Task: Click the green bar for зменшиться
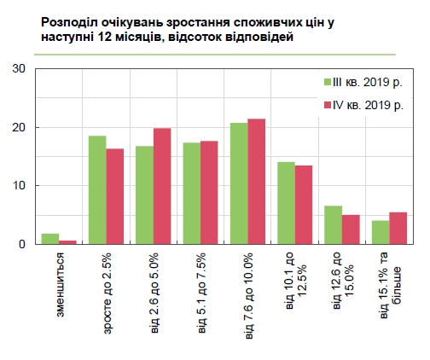[50, 239]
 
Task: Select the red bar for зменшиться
[68, 242]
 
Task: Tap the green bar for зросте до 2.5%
[97, 190]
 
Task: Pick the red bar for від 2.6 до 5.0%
[162, 186]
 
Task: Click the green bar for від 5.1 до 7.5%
[192, 194]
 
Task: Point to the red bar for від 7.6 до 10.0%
[256, 182]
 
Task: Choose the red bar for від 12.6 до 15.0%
[351, 229]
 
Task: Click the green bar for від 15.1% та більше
[380, 232]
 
